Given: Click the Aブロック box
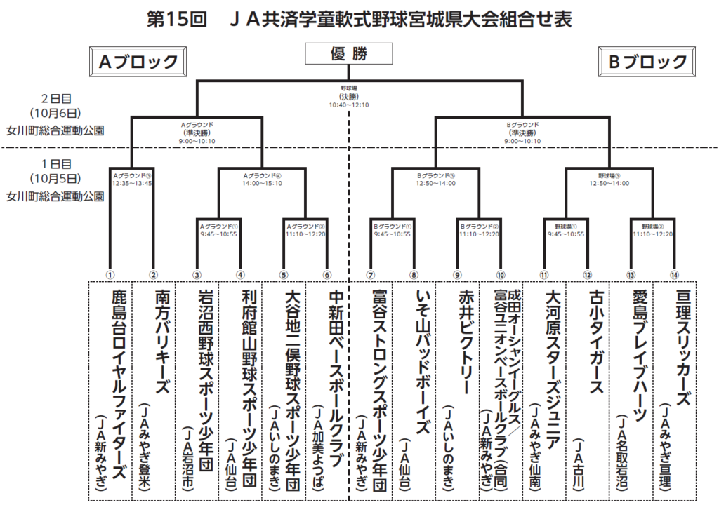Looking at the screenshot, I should click(138, 62).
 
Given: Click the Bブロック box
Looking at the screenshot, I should click(647, 62).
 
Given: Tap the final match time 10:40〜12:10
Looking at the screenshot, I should click(349, 105).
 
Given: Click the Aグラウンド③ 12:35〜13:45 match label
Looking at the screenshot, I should click(132, 180).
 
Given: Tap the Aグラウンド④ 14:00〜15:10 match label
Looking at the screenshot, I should click(262, 180).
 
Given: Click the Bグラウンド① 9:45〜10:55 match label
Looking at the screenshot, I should click(393, 230).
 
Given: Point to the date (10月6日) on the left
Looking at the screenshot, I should click(56, 112).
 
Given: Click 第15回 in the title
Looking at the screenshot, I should click(176, 19).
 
